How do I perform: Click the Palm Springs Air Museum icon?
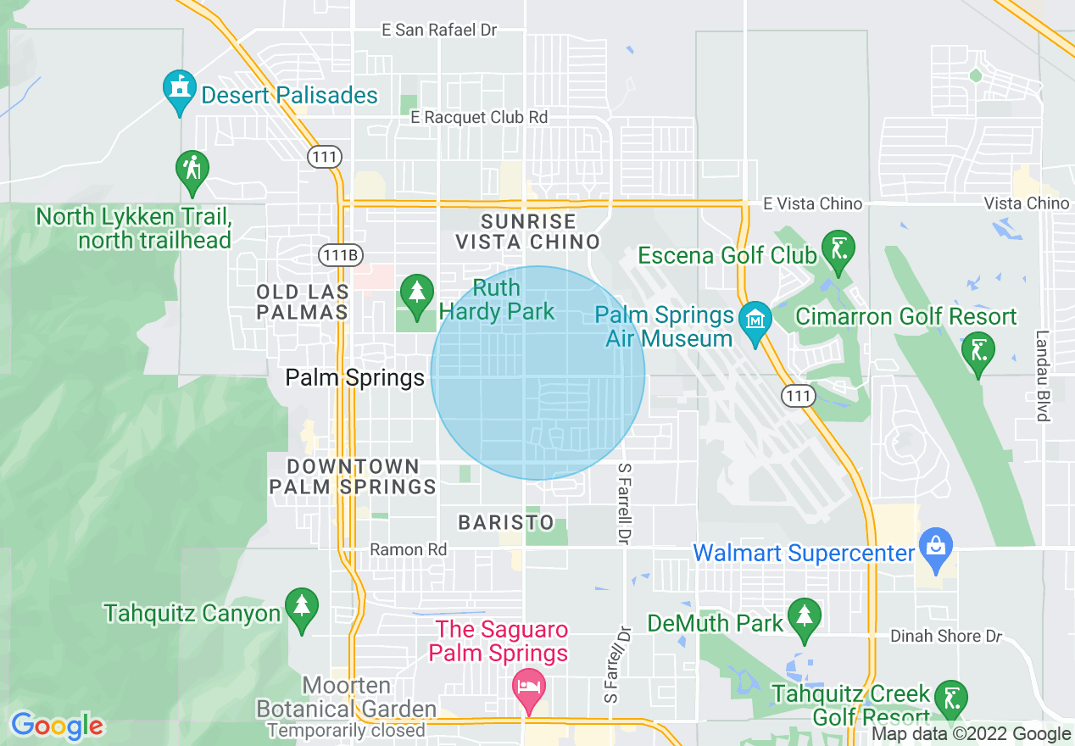coord(754,321)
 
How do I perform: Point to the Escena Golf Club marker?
coord(838,250)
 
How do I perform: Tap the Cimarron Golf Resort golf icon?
coord(978,349)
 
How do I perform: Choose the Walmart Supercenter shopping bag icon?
coord(935,547)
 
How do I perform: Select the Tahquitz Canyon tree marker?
coord(301,608)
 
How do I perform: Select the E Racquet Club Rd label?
coord(479,117)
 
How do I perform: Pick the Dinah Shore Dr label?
coord(945,636)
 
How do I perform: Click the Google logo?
coord(57,726)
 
